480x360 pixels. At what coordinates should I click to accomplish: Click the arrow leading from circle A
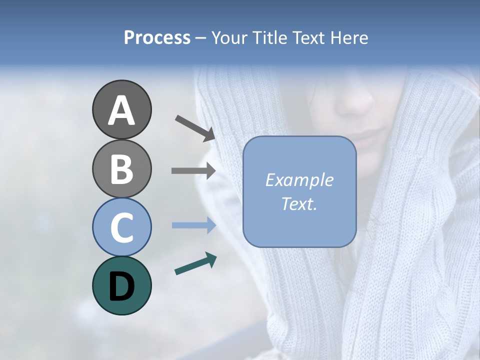pyautogui.click(x=195, y=127)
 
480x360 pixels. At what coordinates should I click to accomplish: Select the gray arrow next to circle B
pyautogui.click(x=193, y=170)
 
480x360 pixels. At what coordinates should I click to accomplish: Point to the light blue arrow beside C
pyautogui.click(x=193, y=225)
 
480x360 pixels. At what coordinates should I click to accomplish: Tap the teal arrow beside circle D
pyautogui.click(x=195, y=263)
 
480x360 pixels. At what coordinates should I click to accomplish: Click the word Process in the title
pyautogui.click(x=157, y=38)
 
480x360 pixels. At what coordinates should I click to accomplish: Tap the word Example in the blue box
pyautogui.click(x=299, y=180)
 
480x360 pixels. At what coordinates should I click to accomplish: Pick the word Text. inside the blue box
pyautogui.click(x=299, y=203)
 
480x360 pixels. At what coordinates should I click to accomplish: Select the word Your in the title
pyautogui.click(x=228, y=38)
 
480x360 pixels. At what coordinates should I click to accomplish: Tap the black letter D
pyautogui.click(x=122, y=286)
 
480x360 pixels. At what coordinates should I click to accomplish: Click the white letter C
pyautogui.click(x=122, y=227)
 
